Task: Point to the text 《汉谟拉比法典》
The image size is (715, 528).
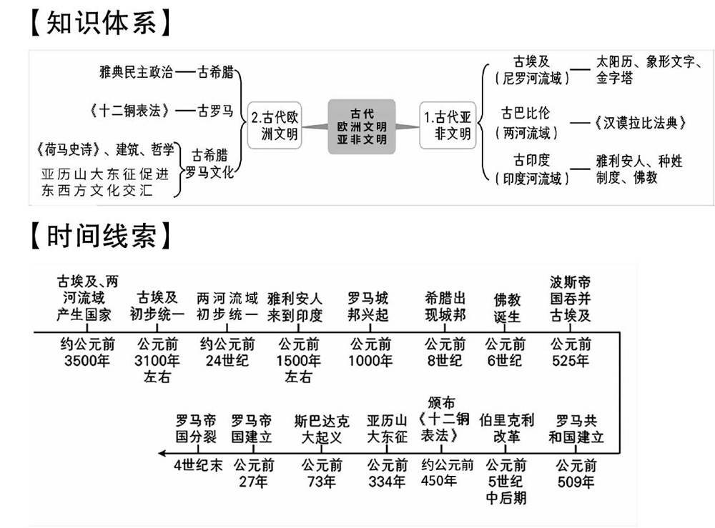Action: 639,123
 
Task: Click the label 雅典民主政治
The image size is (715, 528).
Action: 137,72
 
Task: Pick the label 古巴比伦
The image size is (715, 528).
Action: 526,114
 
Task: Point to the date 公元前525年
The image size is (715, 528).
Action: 571,353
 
